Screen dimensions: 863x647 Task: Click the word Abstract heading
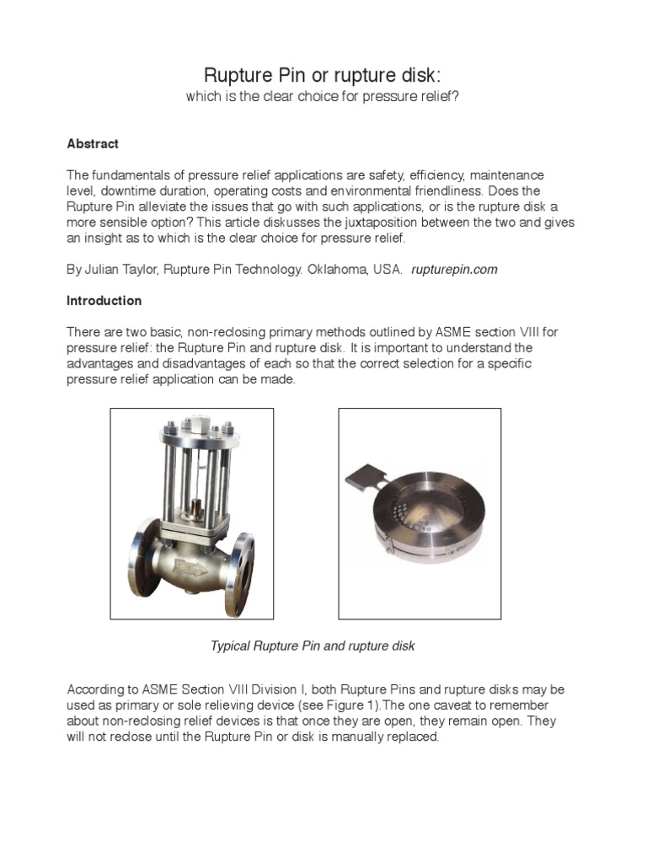coord(93,144)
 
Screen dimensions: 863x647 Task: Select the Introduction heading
coord(104,301)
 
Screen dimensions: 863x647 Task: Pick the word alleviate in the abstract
coord(165,207)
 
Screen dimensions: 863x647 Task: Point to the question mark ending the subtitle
coord(456,98)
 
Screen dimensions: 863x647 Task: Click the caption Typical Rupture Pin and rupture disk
coord(312,646)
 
